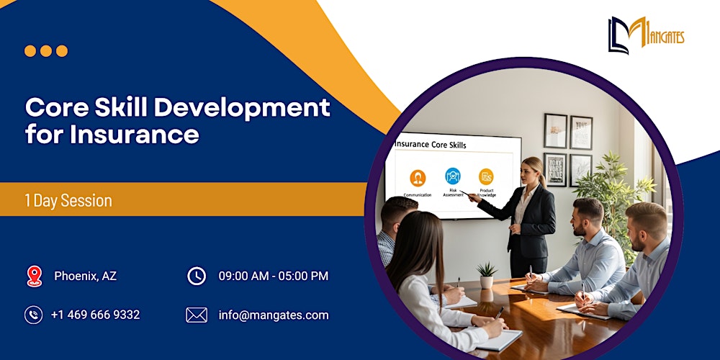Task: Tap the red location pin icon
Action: [x=34, y=276]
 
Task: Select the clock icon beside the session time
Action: [x=196, y=276]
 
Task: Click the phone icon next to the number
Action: [x=34, y=315]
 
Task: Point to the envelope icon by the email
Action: [x=196, y=315]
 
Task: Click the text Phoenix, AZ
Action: [x=85, y=276]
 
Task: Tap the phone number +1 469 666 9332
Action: [x=95, y=315]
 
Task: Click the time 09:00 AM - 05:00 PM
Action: [x=274, y=276]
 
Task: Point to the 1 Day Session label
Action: [x=68, y=201]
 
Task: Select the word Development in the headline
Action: [x=242, y=107]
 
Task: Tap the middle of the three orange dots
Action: [x=46, y=51]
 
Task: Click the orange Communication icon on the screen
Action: [x=418, y=178]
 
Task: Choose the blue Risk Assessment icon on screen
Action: [x=453, y=176]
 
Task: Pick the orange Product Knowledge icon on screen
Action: [x=486, y=176]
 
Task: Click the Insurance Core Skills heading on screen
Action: [x=431, y=145]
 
